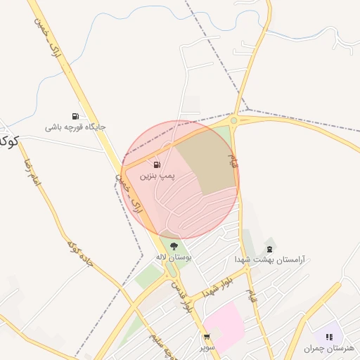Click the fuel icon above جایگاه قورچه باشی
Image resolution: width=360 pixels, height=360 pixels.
(x=75, y=116)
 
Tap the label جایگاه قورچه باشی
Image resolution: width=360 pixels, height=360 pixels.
(x=75, y=127)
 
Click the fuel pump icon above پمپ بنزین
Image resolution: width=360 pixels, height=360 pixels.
(x=156, y=165)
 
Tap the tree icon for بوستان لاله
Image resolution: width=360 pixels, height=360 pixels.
(x=174, y=245)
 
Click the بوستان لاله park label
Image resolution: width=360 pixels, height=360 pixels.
(x=174, y=257)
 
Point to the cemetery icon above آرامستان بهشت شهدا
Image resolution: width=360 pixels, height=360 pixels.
(x=270, y=249)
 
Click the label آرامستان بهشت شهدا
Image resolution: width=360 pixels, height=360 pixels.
(x=271, y=260)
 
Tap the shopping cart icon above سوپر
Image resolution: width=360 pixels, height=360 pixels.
(x=207, y=337)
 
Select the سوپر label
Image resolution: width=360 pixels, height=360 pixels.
(x=207, y=347)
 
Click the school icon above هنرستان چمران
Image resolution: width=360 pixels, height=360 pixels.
(x=330, y=337)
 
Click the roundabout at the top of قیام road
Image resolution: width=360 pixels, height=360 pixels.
(x=234, y=120)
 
